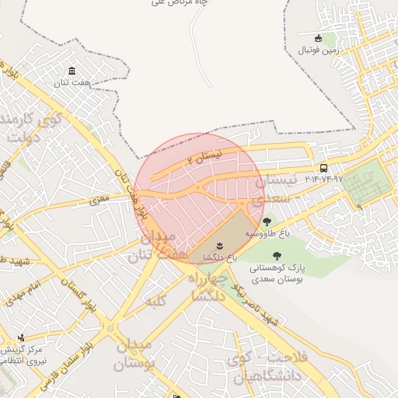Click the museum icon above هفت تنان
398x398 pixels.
[x=72, y=71]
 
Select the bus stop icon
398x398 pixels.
[x=323, y=168]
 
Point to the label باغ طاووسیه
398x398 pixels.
[x=267, y=232]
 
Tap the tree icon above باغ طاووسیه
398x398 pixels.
[x=267, y=222]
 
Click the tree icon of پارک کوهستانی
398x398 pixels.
[x=276, y=255]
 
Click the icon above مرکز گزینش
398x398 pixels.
[x=21, y=338]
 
